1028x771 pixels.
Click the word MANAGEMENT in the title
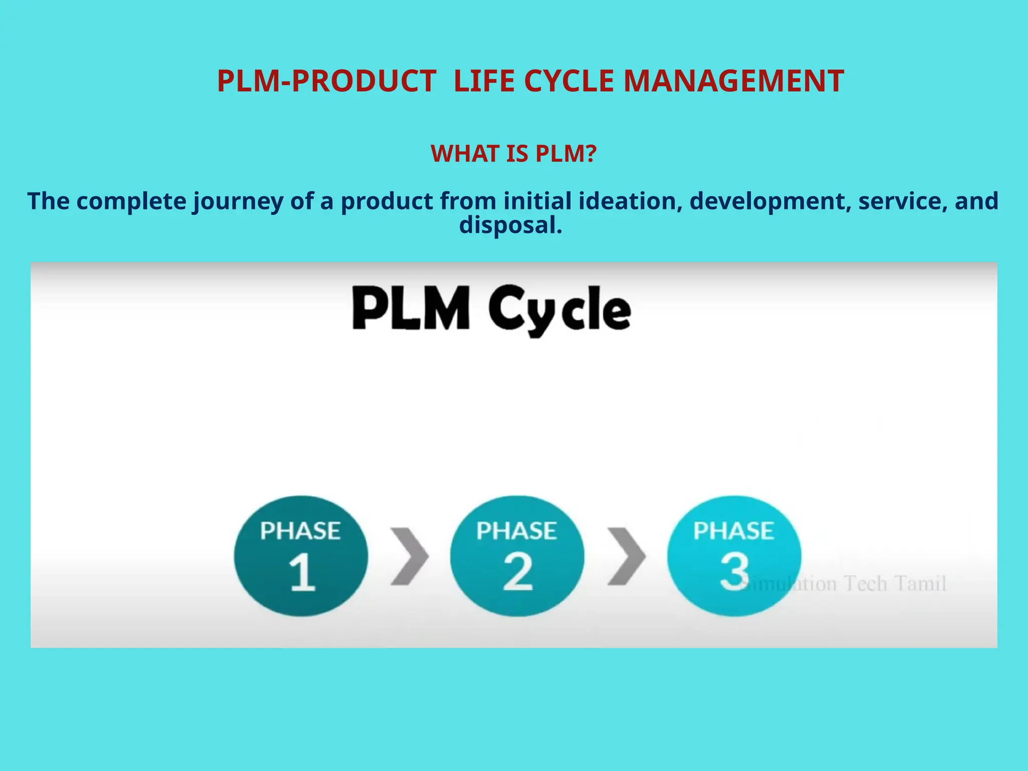coord(733,81)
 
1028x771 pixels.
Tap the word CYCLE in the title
coord(569,81)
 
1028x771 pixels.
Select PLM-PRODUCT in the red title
coord(326,81)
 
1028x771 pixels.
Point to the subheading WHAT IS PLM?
coord(513,154)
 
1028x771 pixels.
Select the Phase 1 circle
coord(301,556)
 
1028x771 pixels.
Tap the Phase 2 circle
coord(517,556)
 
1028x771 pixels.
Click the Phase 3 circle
coord(734,556)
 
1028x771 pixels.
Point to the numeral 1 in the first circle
coord(302,572)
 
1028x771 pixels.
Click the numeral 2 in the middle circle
coord(518,572)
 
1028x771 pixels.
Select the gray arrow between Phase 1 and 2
coord(409,556)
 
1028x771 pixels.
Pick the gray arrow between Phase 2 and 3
coord(626,556)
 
